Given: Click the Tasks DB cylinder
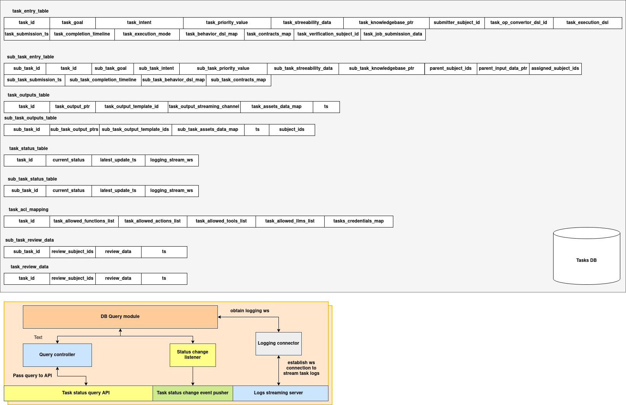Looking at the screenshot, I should [x=586, y=260].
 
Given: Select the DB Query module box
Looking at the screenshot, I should [x=120, y=316].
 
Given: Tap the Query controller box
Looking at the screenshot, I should [x=57, y=355].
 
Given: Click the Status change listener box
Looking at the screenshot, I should [x=193, y=355].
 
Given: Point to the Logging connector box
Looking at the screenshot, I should [x=278, y=343].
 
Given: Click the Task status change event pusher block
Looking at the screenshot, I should [x=193, y=393].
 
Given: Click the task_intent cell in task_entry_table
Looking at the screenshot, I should [x=139, y=23].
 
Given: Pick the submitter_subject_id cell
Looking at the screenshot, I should [x=457, y=23].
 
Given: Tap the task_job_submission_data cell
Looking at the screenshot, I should [x=393, y=34].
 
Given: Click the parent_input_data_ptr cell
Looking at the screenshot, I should [x=503, y=68].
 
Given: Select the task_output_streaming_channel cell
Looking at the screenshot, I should [x=204, y=106].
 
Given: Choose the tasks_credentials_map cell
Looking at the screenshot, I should [x=359, y=221].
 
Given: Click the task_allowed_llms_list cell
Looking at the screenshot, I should [x=290, y=221].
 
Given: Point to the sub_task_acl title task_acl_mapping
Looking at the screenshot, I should [x=29, y=210].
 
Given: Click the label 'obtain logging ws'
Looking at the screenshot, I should [x=250, y=311].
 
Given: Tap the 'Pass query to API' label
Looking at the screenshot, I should [x=32, y=376].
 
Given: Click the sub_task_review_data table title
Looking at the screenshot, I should [x=29, y=240].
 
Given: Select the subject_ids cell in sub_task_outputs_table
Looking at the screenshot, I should [x=292, y=129].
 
